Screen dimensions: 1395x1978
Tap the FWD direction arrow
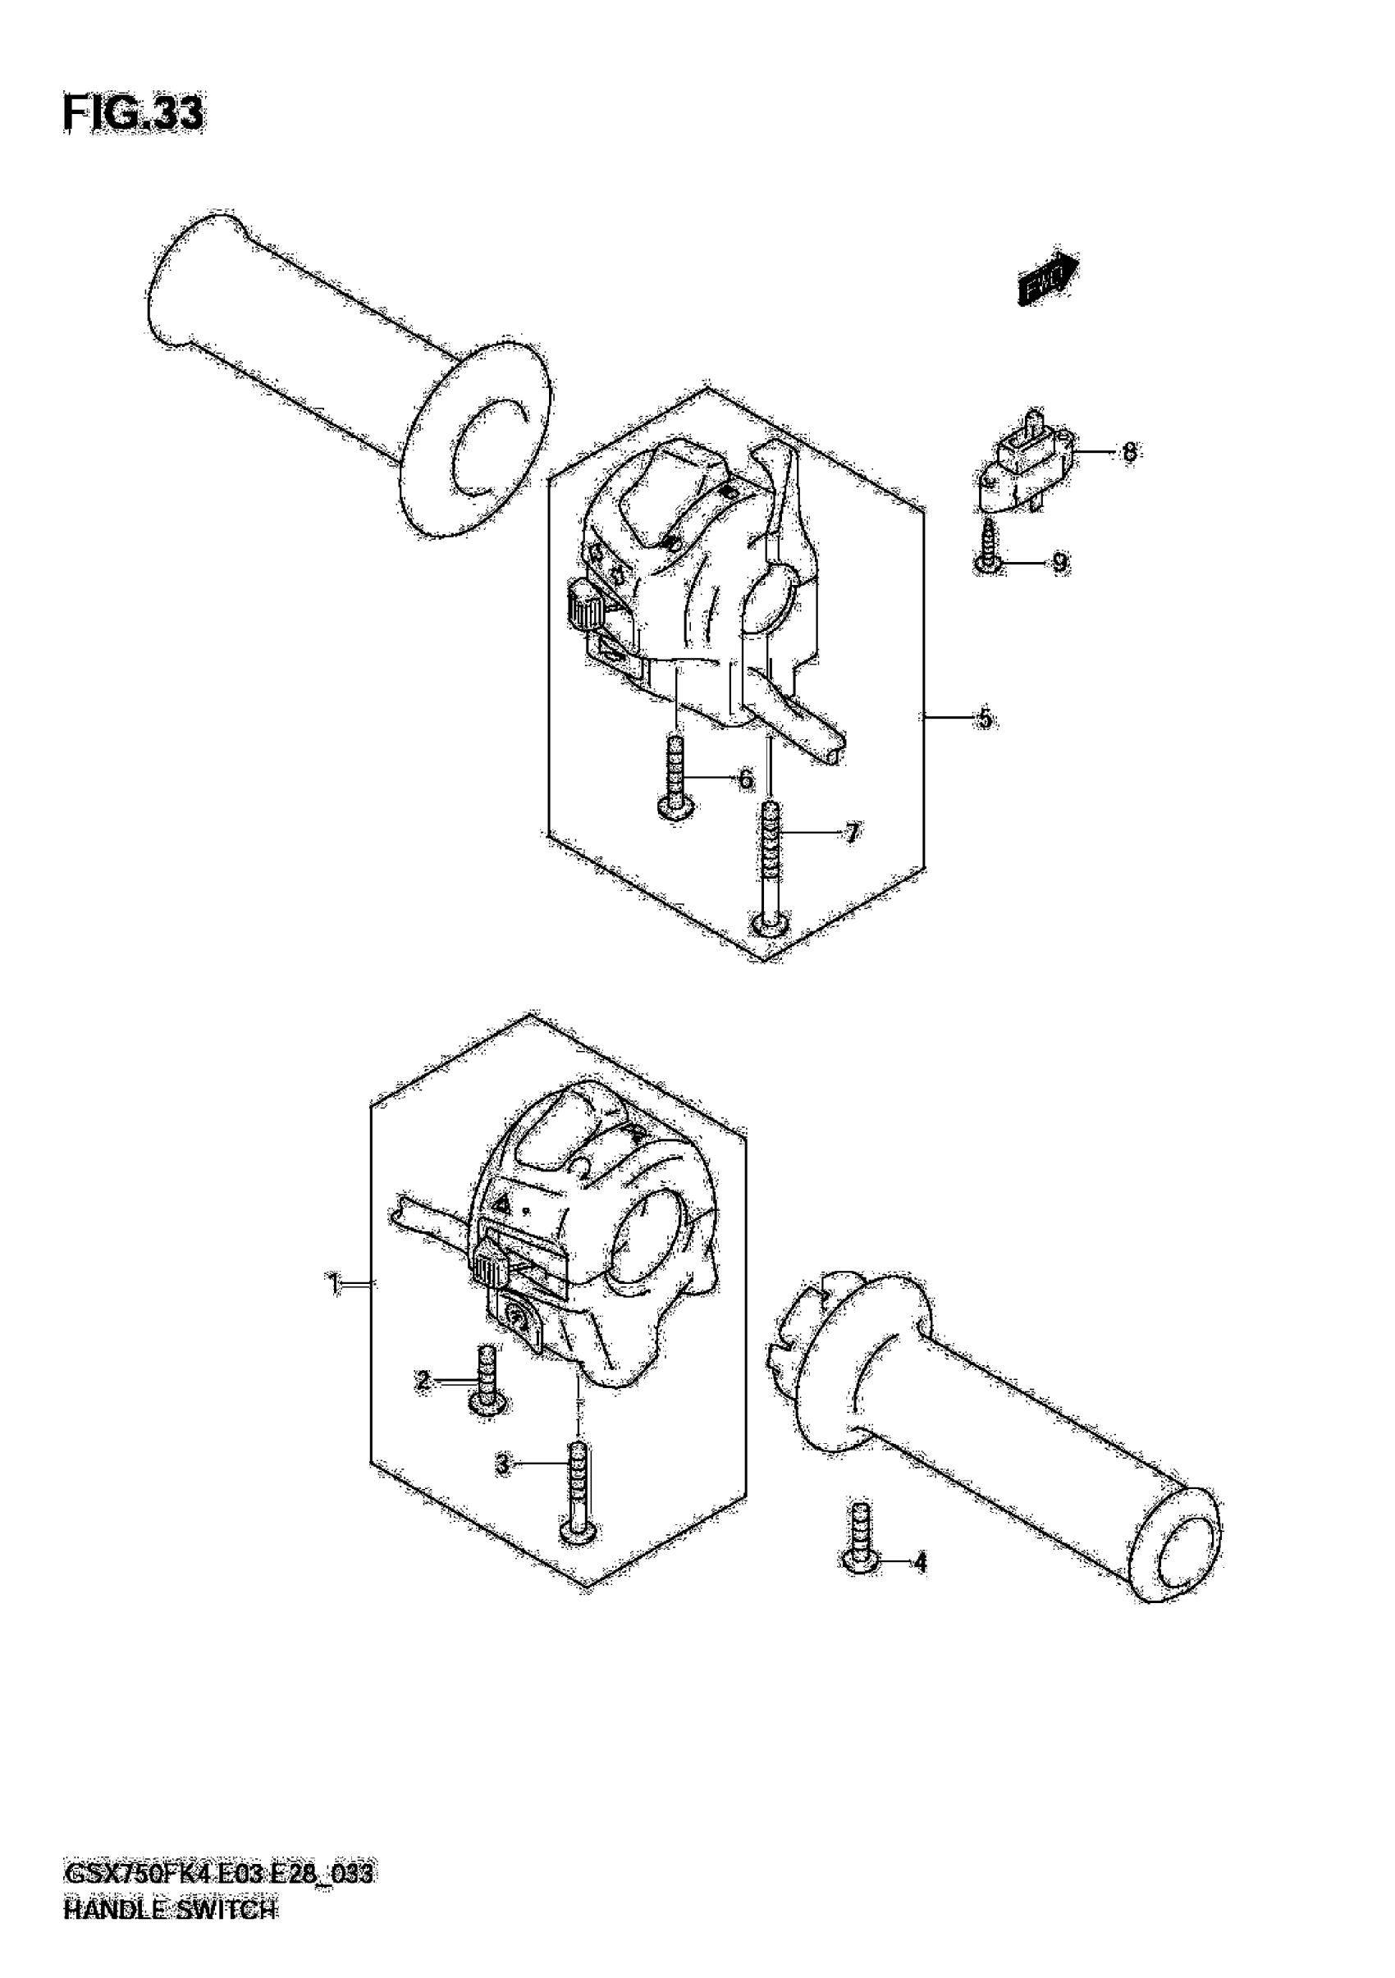coord(1048,280)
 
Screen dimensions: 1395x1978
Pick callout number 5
coord(984,718)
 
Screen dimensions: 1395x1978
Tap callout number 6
coord(746,779)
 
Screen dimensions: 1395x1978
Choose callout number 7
coord(851,832)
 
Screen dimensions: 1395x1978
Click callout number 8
coord(1129,451)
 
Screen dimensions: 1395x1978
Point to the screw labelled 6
coord(675,776)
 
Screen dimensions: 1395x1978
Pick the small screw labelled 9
coord(989,548)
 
